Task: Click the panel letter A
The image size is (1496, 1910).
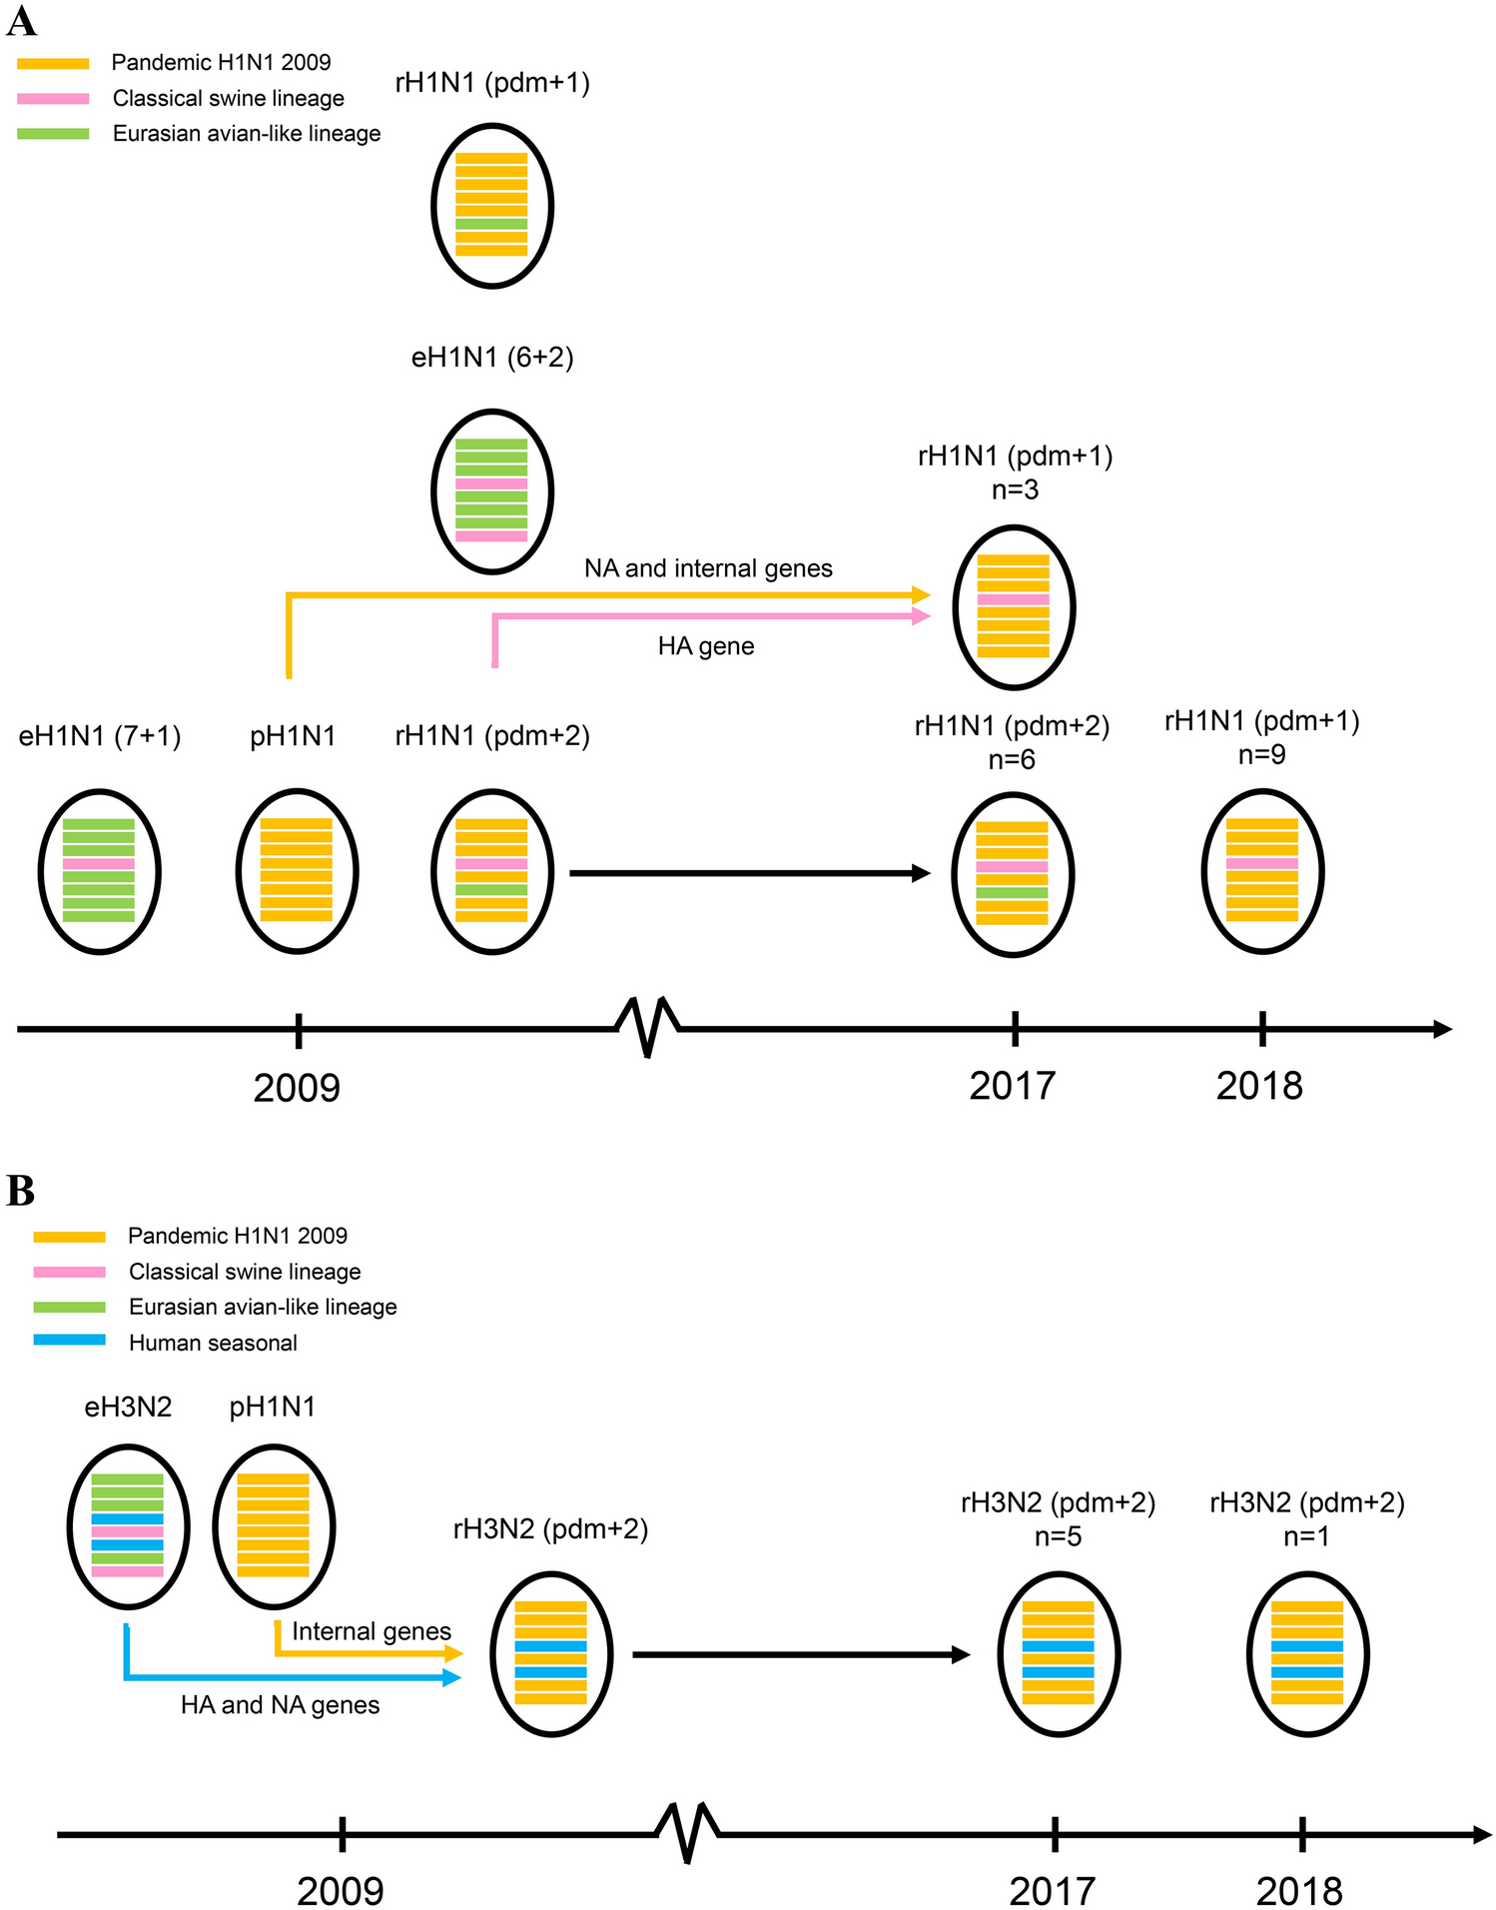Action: (21, 21)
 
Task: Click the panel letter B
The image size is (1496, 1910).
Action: (21, 1191)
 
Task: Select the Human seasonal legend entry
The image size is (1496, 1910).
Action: (213, 1343)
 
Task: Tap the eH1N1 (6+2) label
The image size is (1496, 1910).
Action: (492, 358)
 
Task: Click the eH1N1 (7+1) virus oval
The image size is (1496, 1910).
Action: (100, 871)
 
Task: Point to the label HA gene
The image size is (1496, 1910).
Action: (706, 646)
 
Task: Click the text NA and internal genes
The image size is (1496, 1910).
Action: (708, 568)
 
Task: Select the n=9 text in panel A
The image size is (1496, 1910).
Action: (1261, 755)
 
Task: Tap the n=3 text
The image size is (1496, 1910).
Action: (1015, 489)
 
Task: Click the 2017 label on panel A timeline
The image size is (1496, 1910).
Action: (1012, 1086)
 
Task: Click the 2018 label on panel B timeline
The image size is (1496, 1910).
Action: (1298, 1891)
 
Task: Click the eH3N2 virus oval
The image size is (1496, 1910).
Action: (128, 1526)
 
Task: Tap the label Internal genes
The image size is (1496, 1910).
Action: (372, 1631)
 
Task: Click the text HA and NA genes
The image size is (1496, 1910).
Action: (281, 1704)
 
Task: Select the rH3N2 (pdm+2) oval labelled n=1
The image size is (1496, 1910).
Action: (1306, 1654)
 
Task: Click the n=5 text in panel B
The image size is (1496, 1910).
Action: (1058, 1536)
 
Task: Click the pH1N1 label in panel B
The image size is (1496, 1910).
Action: (273, 1408)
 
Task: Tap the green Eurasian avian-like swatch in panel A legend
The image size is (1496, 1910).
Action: (53, 134)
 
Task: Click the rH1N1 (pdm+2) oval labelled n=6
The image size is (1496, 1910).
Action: (1012, 874)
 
